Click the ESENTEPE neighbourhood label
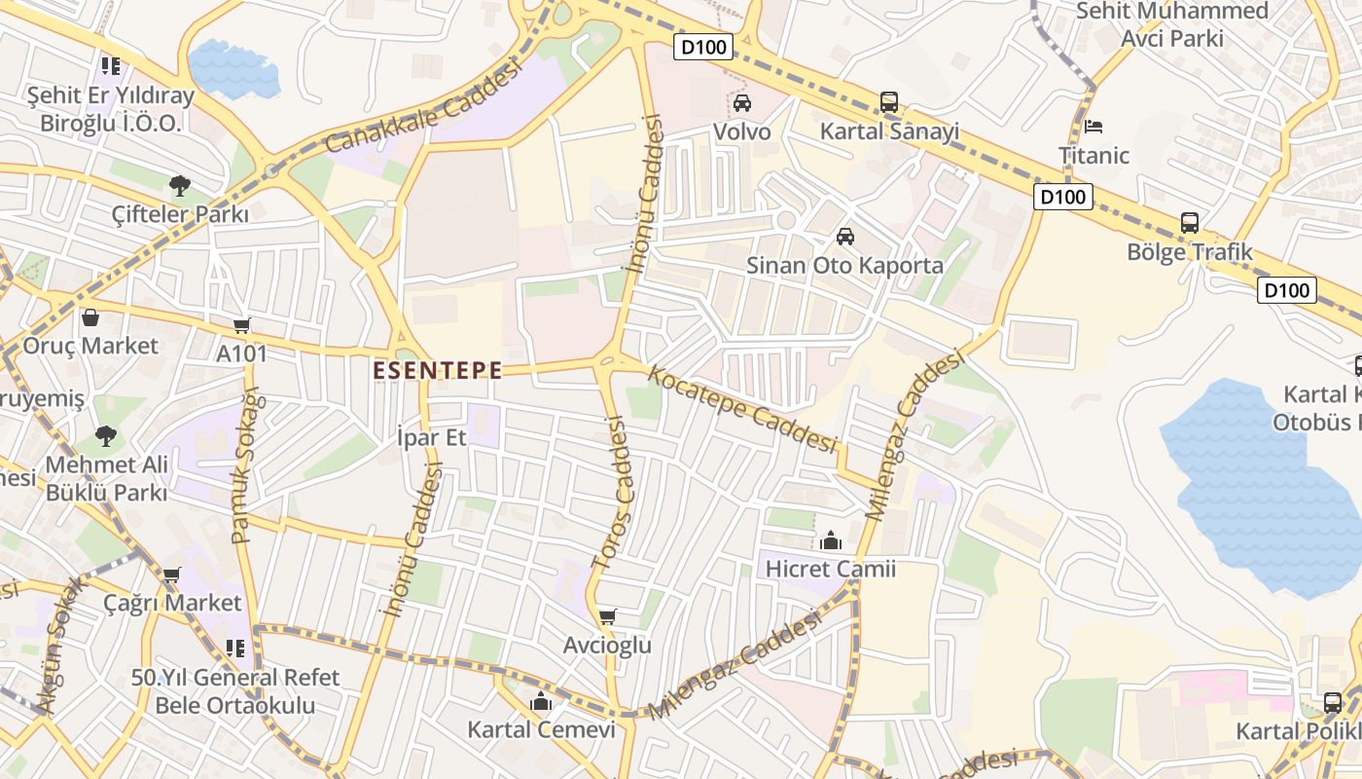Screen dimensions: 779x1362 pos(438,371)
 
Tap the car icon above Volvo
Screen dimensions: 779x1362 pos(742,103)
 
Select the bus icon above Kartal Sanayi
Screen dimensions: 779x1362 pos(889,102)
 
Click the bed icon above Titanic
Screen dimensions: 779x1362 pos(1093,127)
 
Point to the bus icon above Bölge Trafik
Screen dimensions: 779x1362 pos(1190,223)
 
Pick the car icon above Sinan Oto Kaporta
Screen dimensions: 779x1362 pos(845,237)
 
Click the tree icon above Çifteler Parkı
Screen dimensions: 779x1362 pos(179,186)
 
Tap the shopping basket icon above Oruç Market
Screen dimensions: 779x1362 pos(90,317)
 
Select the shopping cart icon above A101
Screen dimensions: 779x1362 pos(241,325)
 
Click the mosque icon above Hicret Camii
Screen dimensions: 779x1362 pos(831,540)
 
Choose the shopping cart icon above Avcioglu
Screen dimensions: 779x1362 pos(608,616)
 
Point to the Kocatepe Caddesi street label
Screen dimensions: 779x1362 pos(743,409)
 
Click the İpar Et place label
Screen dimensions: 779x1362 pos(433,437)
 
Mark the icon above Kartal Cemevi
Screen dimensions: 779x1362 pos(541,701)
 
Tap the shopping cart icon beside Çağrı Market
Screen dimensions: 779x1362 pos(172,575)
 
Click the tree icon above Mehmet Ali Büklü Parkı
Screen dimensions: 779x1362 pos(106,436)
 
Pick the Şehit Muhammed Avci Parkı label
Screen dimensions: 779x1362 pos(1172,24)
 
